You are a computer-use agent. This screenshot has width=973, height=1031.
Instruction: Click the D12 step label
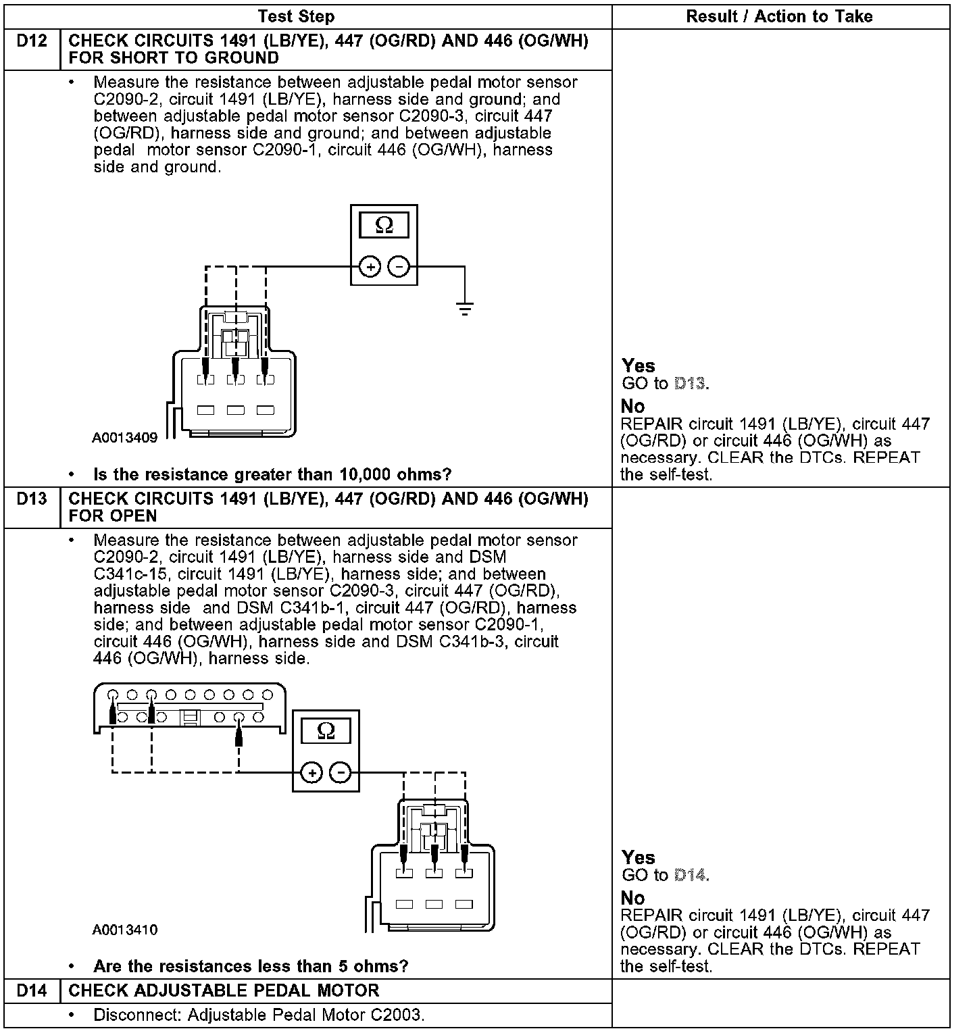[x=32, y=42]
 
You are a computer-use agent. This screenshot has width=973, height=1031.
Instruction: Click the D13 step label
[x=32, y=499]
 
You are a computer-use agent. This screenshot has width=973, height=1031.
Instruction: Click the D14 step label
[x=32, y=991]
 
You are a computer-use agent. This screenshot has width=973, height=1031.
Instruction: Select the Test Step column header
[x=296, y=17]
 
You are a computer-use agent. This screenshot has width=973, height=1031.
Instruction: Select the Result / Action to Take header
[x=779, y=17]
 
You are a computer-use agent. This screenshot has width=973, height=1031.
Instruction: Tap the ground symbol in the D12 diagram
[x=464, y=309]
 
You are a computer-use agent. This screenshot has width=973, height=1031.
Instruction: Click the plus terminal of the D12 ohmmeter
[x=370, y=267]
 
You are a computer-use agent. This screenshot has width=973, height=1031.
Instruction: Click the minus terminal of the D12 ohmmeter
[x=399, y=267]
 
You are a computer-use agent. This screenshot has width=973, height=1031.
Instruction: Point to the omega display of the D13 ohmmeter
[x=326, y=731]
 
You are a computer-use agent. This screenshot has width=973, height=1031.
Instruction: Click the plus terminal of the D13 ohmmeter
[x=311, y=772]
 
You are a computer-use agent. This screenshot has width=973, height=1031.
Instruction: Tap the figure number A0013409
[x=125, y=438]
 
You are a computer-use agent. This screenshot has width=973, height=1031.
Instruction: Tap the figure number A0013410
[x=125, y=930]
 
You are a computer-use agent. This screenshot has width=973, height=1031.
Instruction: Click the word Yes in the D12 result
[x=639, y=366]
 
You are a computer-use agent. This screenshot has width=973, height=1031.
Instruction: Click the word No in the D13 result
[x=632, y=899]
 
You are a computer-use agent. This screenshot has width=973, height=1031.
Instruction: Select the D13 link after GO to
[x=690, y=384]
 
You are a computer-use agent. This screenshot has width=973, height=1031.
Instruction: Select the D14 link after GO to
[x=690, y=876]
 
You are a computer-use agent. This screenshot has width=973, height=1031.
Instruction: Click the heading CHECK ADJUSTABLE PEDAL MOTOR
[x=224, y=991]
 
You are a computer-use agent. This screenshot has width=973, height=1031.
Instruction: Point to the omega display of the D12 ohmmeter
[x=384, y=225]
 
